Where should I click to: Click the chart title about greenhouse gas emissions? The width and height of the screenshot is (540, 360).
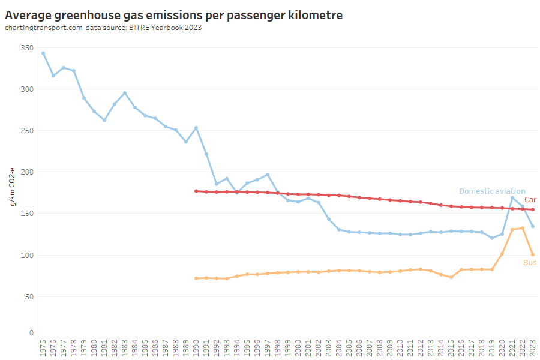[174, 15]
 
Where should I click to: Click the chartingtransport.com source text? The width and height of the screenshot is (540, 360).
[43, 28]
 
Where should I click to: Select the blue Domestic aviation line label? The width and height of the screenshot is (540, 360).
[492, 191]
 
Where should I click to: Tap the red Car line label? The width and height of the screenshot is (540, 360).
[530, 199]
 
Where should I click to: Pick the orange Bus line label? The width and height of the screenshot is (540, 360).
[530, 263]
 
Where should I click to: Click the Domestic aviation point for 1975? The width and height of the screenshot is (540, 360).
[43, 53]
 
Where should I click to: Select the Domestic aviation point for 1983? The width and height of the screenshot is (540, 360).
[124, 93]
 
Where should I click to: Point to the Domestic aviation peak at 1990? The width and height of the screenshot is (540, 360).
[196, 128]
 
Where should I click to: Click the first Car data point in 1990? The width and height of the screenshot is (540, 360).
[196, 191]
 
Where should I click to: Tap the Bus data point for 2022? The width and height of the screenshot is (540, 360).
[523, 228]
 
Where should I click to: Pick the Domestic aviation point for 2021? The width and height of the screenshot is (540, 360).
[512, 198]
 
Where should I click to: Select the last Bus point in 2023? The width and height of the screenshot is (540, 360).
[533, 254]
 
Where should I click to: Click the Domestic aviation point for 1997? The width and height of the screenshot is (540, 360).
[268, 175]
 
